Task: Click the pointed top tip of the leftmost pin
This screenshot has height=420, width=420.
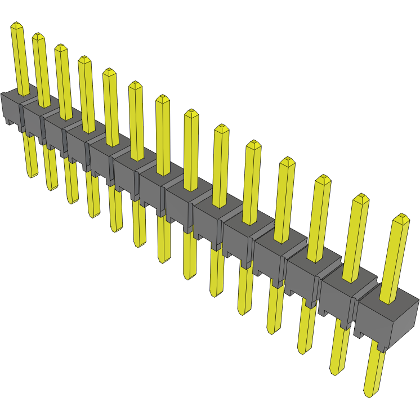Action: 16,24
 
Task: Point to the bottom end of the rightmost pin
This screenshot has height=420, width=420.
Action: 370,394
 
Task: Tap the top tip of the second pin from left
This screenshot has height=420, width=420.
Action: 38,35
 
